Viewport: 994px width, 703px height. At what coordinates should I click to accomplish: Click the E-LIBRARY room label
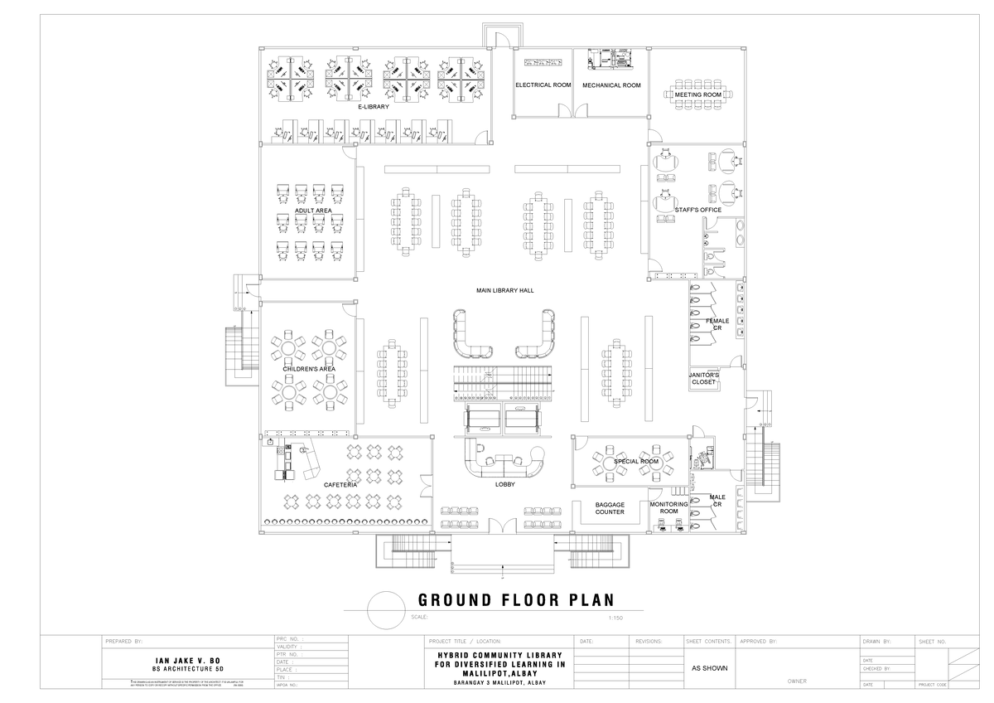click(373, 107)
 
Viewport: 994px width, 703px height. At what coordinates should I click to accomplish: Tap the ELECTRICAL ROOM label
click(543, 85)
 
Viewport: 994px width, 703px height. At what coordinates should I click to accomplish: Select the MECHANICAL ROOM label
click(611, 85)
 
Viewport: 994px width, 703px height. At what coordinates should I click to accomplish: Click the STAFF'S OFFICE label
click(697, 210)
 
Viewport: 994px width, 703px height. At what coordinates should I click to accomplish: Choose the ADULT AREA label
click(313, 211)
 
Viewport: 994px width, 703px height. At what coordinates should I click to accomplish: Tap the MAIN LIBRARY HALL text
click(504, 290)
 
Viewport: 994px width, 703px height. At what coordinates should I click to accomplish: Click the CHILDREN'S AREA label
click(308, 368)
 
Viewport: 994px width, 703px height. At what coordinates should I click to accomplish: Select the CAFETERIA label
click(340, 484)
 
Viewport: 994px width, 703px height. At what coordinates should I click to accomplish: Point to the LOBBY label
click(505, 484)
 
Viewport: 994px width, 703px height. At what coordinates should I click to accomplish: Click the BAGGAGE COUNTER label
click(610, 508)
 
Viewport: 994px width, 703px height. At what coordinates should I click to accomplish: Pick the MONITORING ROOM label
click(668, 508)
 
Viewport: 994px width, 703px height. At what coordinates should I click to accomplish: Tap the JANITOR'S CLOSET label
click(704, 379)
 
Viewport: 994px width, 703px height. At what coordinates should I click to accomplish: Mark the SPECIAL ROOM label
click(636, 461)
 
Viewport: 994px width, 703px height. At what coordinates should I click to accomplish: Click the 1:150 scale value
click(615, 618)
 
